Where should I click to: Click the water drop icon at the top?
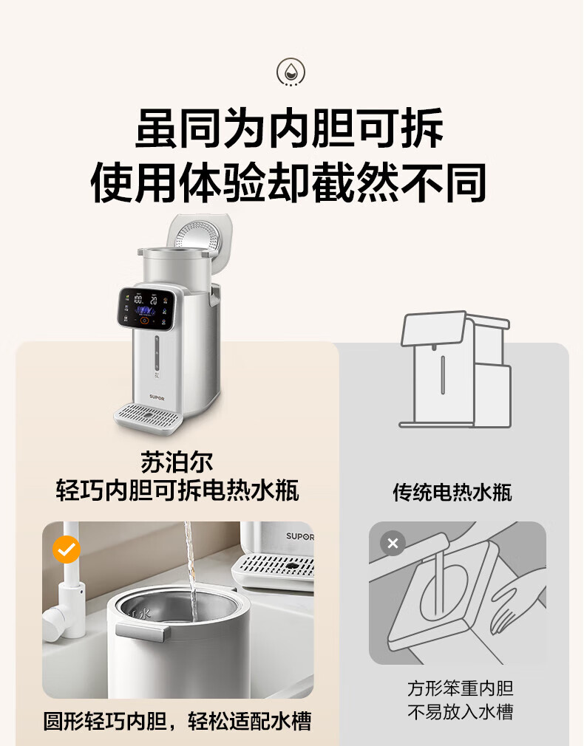point(291,72)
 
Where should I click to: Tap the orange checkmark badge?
point(67,550)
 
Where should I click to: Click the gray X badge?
point(393,543)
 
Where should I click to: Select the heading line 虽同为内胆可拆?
point(290,129)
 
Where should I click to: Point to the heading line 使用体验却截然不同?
point(288,182)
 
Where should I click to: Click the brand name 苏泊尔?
point(177,462)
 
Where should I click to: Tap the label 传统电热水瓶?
point(452,493)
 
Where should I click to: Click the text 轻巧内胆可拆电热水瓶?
point(177,490)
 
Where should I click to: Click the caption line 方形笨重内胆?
point(460,688)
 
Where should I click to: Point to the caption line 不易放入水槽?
point(460,712)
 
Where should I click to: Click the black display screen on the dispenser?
point(147,308)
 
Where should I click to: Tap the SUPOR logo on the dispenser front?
point(157,397)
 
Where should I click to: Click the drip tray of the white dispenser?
point(148,417)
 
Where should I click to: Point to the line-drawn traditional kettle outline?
point(455,369)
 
